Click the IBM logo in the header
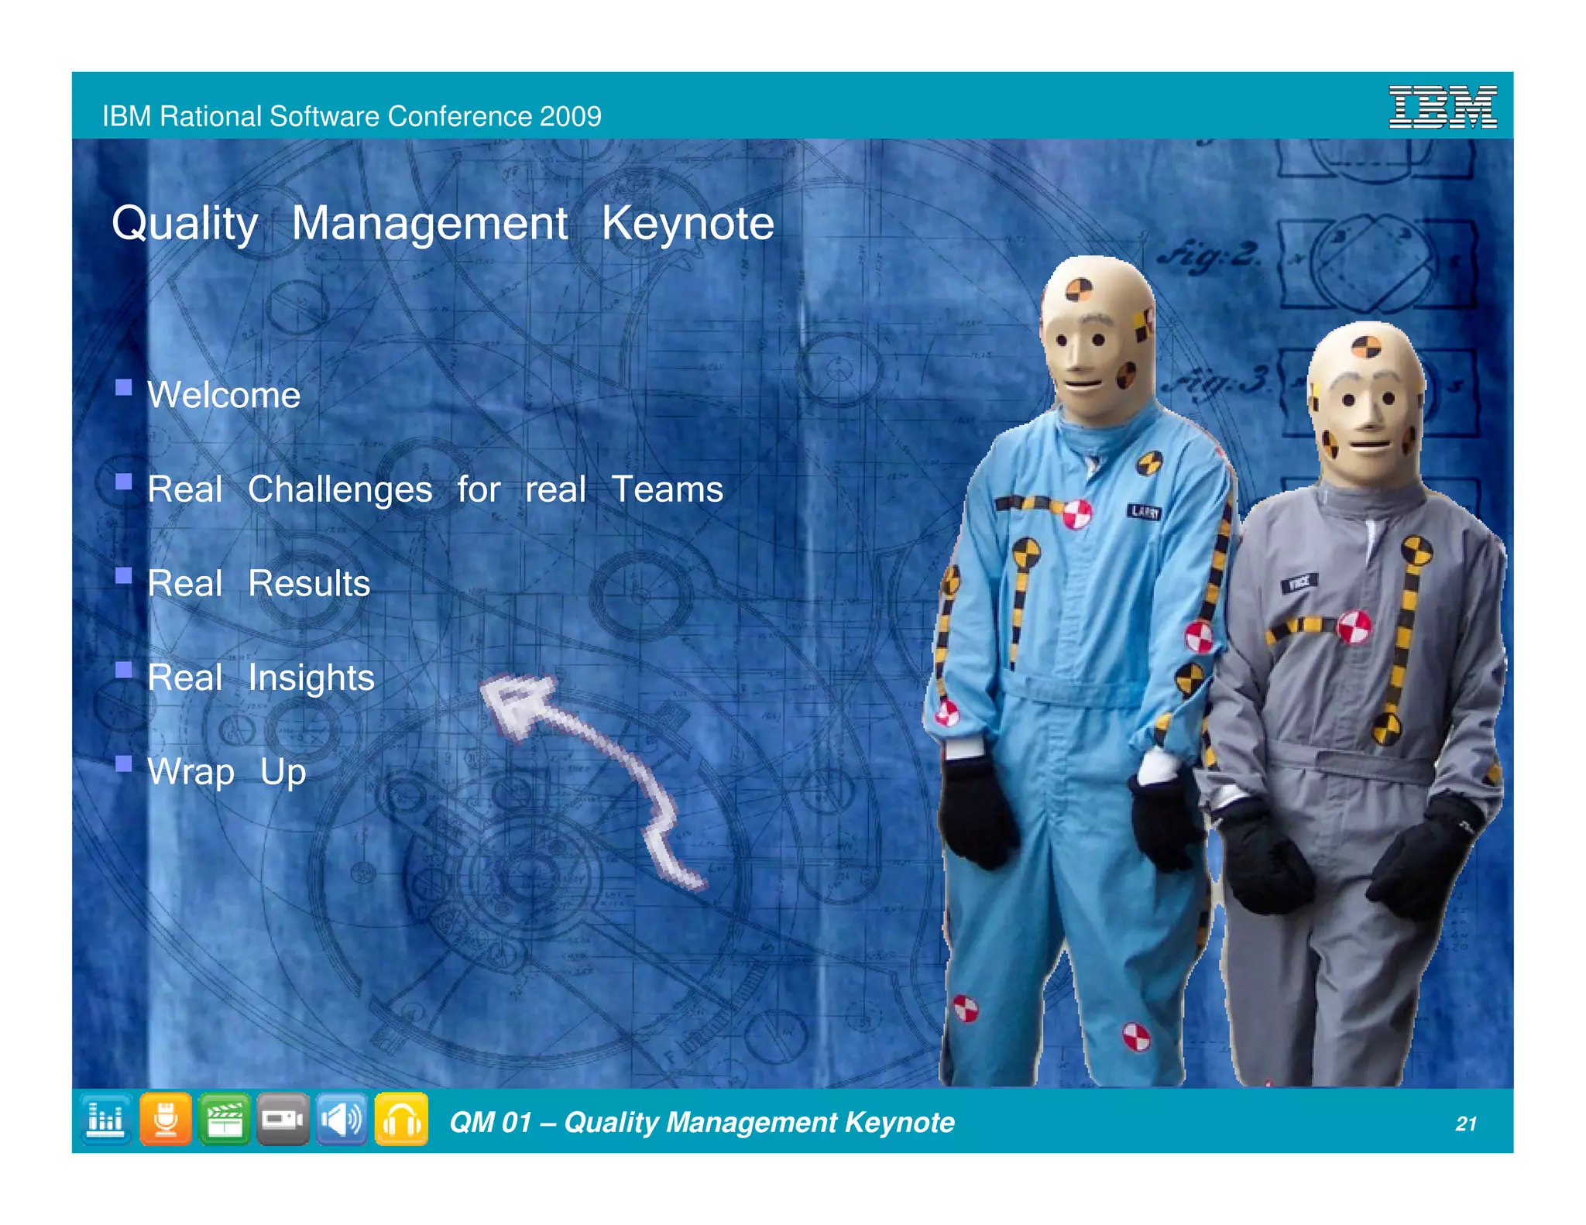1442,107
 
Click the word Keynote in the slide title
688,224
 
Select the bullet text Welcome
224,395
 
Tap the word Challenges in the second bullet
340,490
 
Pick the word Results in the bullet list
309,584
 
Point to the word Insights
311,678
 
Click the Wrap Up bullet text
227,773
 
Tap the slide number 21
1465,1124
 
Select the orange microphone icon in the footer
165,1120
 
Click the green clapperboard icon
224,1120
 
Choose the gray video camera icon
283,1120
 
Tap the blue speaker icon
342,1120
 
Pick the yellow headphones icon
401,1120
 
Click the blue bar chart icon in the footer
106,1120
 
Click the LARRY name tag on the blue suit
1144,511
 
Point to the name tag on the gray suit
1299,582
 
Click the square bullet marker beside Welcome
123,387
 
